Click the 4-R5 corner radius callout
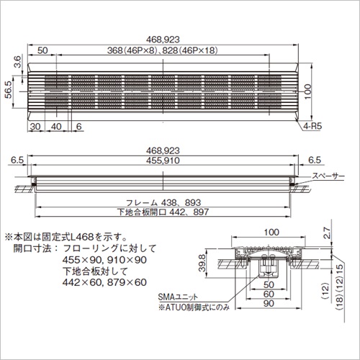click(312, 126)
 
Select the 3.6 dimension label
click(18, 62)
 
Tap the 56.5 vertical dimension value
click(9, 89)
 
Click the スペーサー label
click(328, 176)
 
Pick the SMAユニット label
click(178, 297)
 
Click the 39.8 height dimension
click(202, 263)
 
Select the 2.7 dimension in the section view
click(327, 233)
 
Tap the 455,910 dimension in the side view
click(163, 161)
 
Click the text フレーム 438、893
click(163, 203)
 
